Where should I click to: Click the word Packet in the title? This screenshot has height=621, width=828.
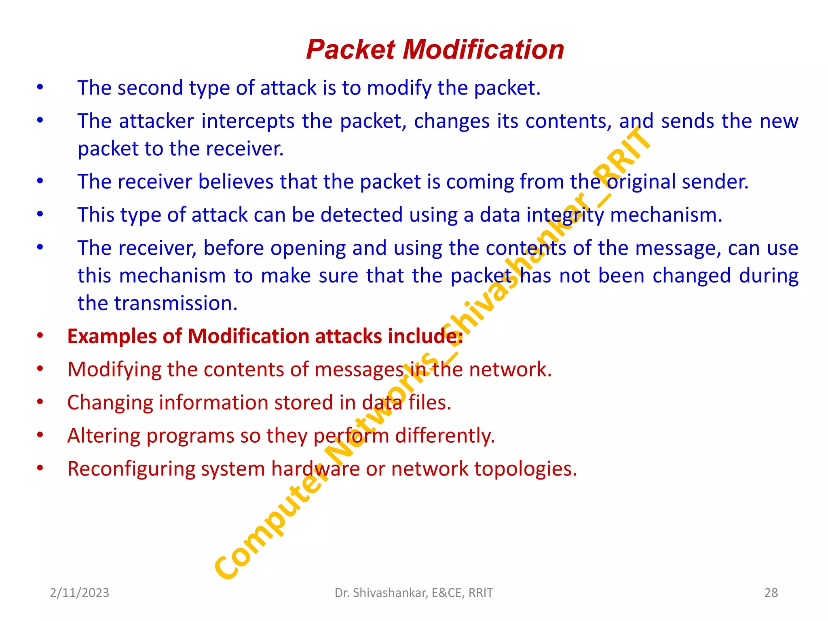pyautogui.click(x=350, y=50)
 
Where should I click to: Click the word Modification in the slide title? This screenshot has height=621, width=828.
pyautogui.click(x=483, y=50)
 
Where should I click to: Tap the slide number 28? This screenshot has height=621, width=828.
pyautogui.click(x=771, y=593)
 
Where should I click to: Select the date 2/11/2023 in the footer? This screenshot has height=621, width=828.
pyautogui.click(x=80, y=593)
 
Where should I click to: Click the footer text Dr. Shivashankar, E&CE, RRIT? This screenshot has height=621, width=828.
pyautogui.click(x=414, y=593)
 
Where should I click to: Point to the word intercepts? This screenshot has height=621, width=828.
pyautogui.click(x=247, y=121)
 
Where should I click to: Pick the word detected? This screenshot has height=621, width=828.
pyautogui.click(x=361, y=215)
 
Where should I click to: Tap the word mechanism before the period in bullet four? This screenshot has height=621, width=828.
pyautogui.click(x=665, y=215)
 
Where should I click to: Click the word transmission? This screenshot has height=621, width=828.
pyautogui.click(x=175, y=303)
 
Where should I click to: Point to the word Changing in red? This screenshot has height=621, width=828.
pyautogui.click(x=110, y=403)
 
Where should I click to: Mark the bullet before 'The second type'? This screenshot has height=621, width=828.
pyautogui.click(x=40, y=87)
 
